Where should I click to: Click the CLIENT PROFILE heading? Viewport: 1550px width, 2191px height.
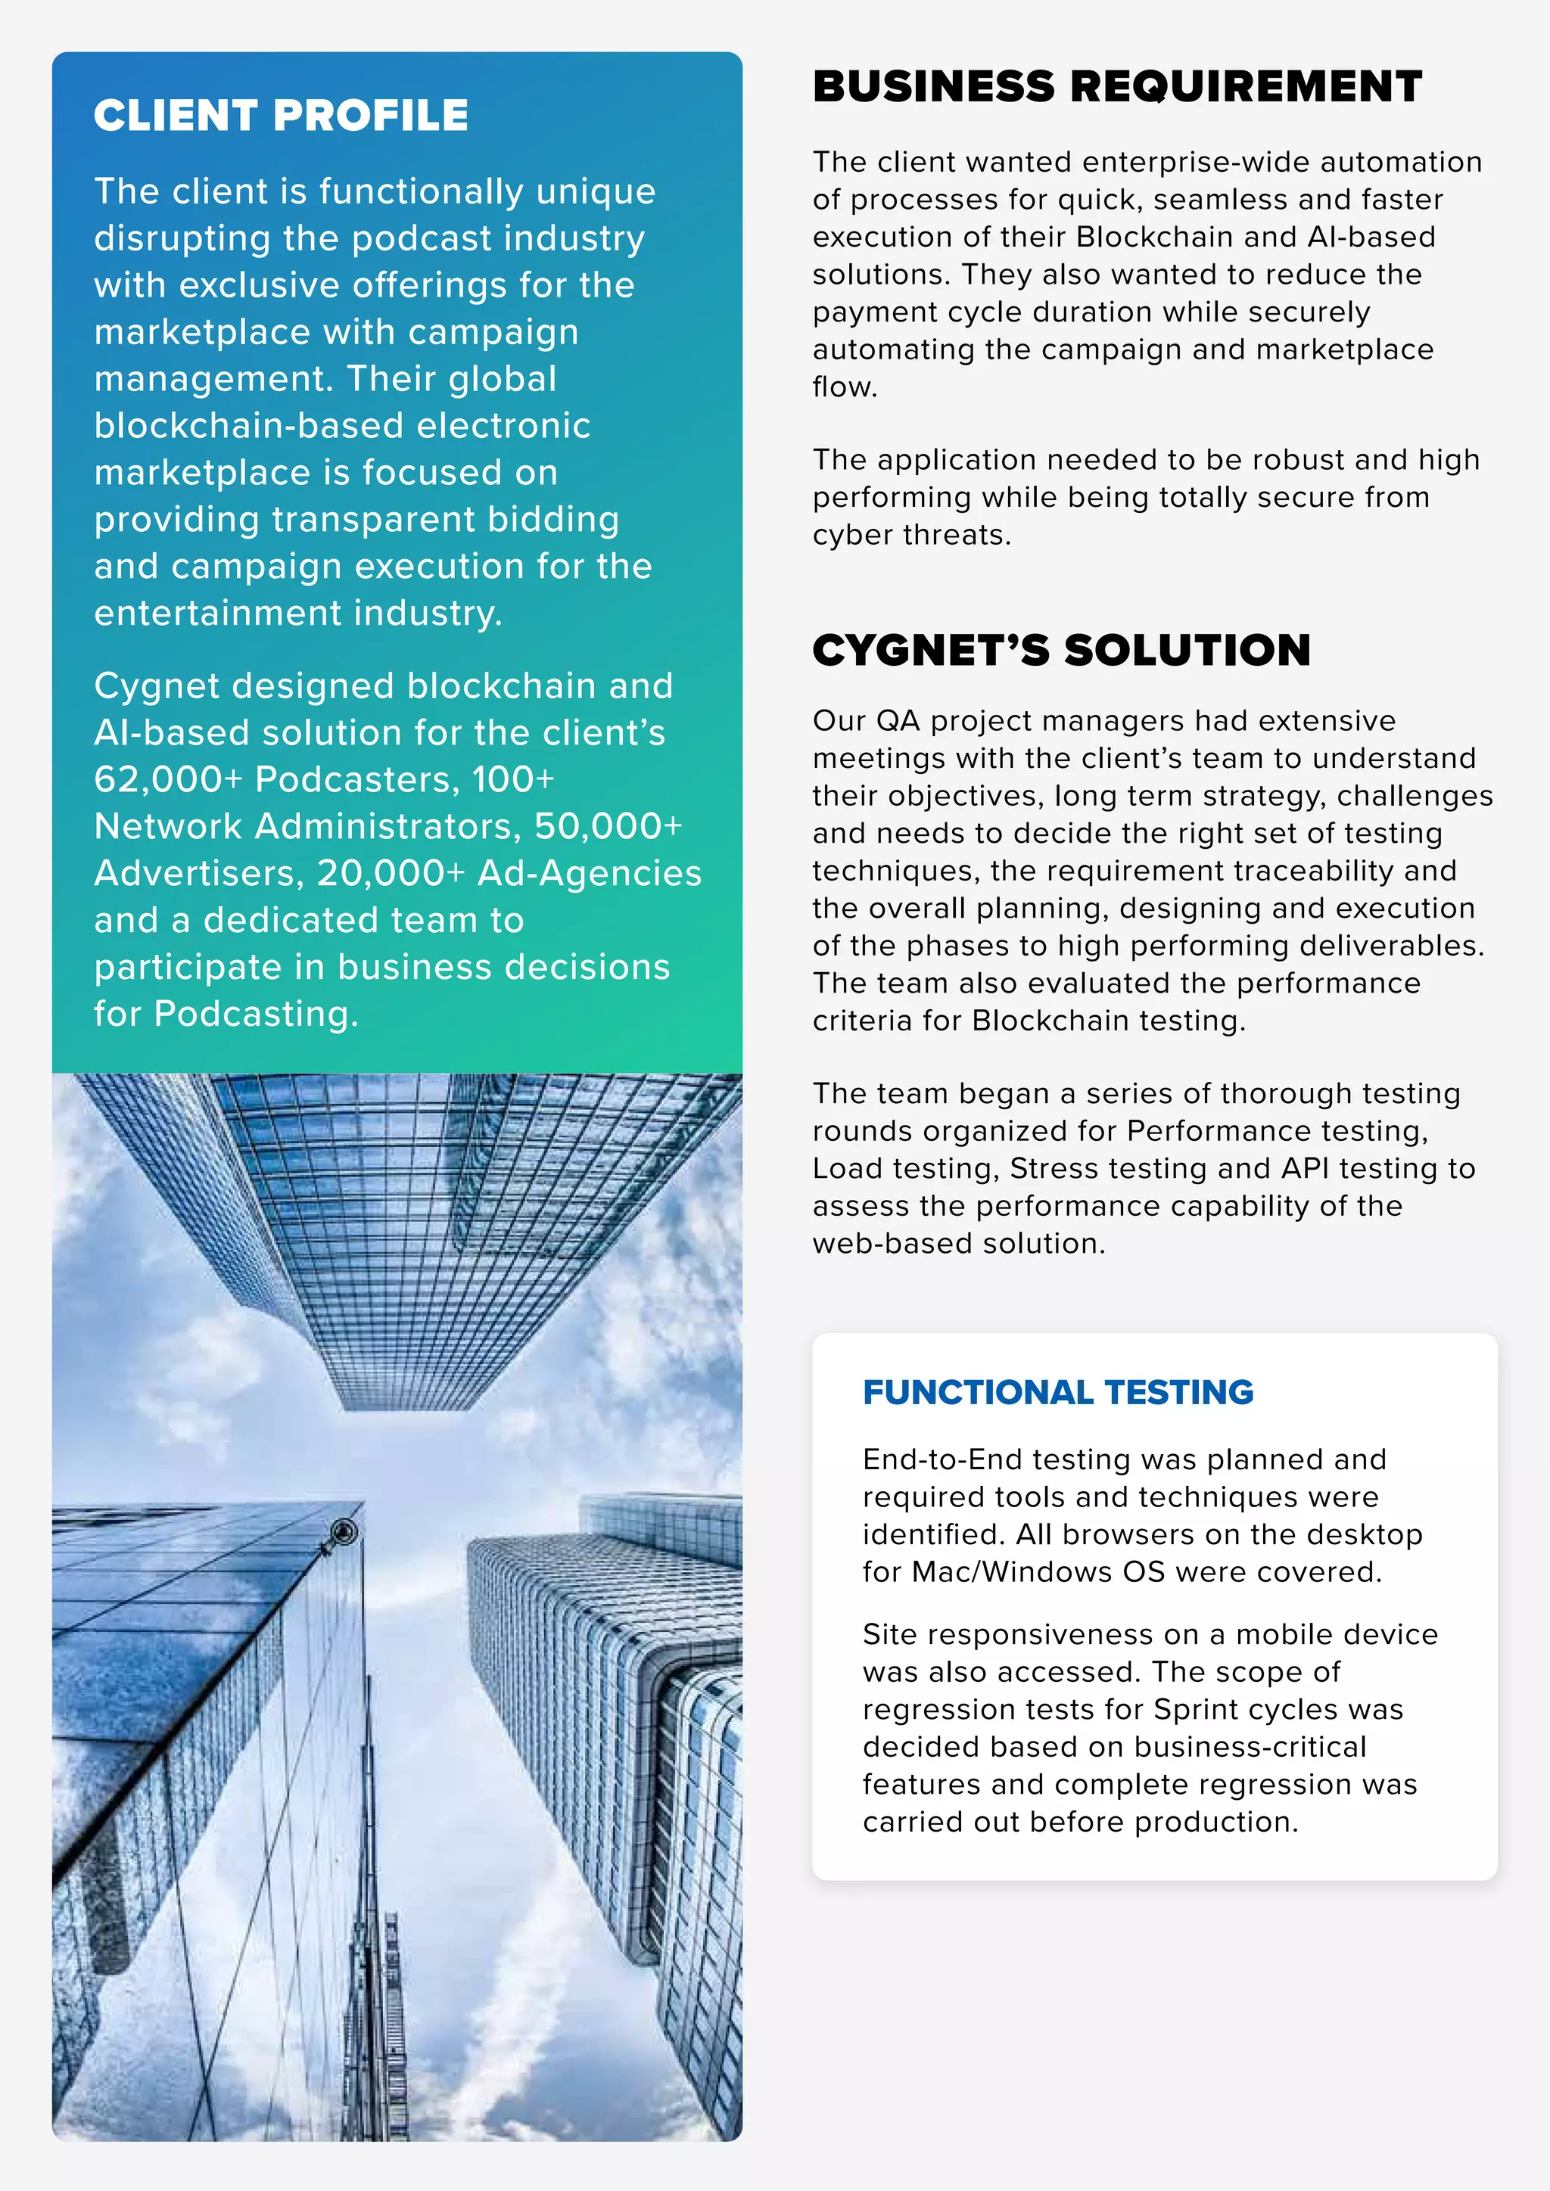click(x=281, y=116)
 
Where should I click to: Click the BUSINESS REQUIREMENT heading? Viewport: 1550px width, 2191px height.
click(x=1116, y=87)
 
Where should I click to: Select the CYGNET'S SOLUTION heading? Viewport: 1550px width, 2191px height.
click(x=1061, y=651)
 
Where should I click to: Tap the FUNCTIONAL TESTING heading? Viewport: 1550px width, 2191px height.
click(x=1057, y=1392)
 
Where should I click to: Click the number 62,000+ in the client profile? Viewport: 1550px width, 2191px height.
click(x=168, y=780)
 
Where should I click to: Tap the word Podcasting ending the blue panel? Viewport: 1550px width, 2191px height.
click(x=255, y=1015)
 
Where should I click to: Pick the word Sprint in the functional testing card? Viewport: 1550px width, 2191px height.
click(x=1198, y=1709)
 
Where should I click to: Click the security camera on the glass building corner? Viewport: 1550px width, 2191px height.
click(x=343, y=1534)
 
